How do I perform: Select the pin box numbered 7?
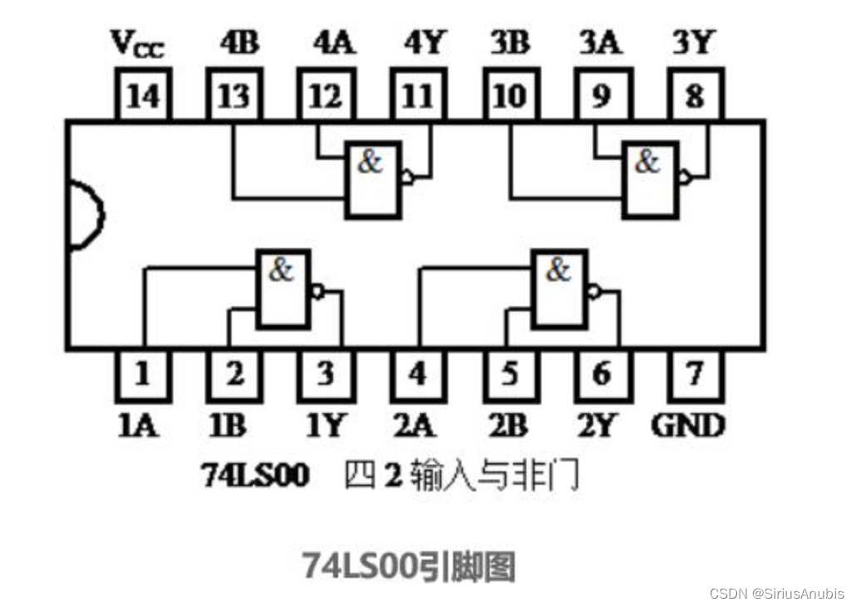tap(694, 374)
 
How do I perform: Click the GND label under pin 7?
tap(688, 425)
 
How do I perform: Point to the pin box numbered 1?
tap(142, 374)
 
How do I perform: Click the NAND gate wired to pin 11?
tap(373, 179)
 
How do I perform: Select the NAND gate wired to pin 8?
tap(650, 179)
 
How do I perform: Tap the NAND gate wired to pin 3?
tap(283, 288)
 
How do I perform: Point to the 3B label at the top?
tap(509, 43)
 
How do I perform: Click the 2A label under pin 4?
tap(414, 425)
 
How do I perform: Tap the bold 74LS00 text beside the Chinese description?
tap(255, 475)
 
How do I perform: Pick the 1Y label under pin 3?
tap(323, 425)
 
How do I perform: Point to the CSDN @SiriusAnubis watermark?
tap(777, 593)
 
